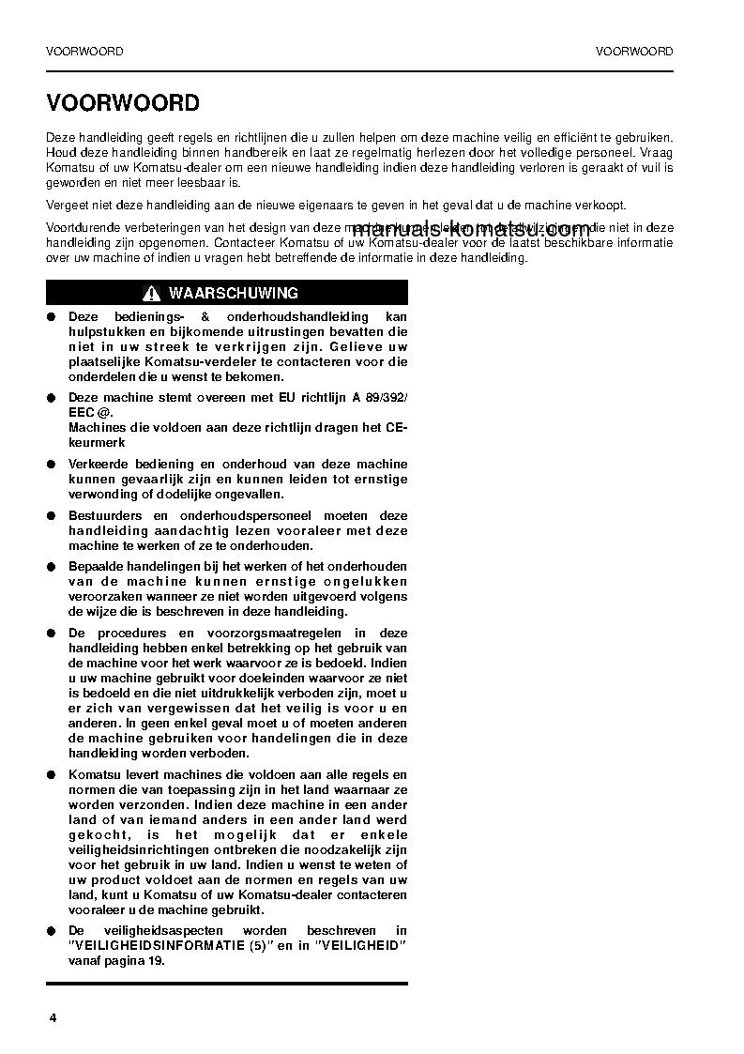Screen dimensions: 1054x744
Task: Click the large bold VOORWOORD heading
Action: tap(123, 102)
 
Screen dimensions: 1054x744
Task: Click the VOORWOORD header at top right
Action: tap(634, 52)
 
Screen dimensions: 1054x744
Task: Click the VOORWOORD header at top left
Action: tap(84, 52)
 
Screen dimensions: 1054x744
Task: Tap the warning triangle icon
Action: tap(153, 294)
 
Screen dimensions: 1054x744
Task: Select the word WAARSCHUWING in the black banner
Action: tap(234, 294)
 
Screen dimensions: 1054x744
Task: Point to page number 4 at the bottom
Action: tap(53, 1019)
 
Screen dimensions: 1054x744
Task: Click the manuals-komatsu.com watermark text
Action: tap(472, 230)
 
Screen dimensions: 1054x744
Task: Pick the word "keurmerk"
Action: tap(98, 442)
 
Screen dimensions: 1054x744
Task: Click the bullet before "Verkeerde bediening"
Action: tap(52, 465)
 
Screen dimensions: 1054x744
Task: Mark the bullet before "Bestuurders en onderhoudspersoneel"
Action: tap(52, 516)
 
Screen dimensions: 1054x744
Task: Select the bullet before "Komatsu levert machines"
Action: tap(52, 775)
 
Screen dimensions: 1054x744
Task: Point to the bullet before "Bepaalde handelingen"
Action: tap(52, 568)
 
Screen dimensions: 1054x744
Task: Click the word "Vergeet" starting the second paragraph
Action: tap(67, 206)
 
